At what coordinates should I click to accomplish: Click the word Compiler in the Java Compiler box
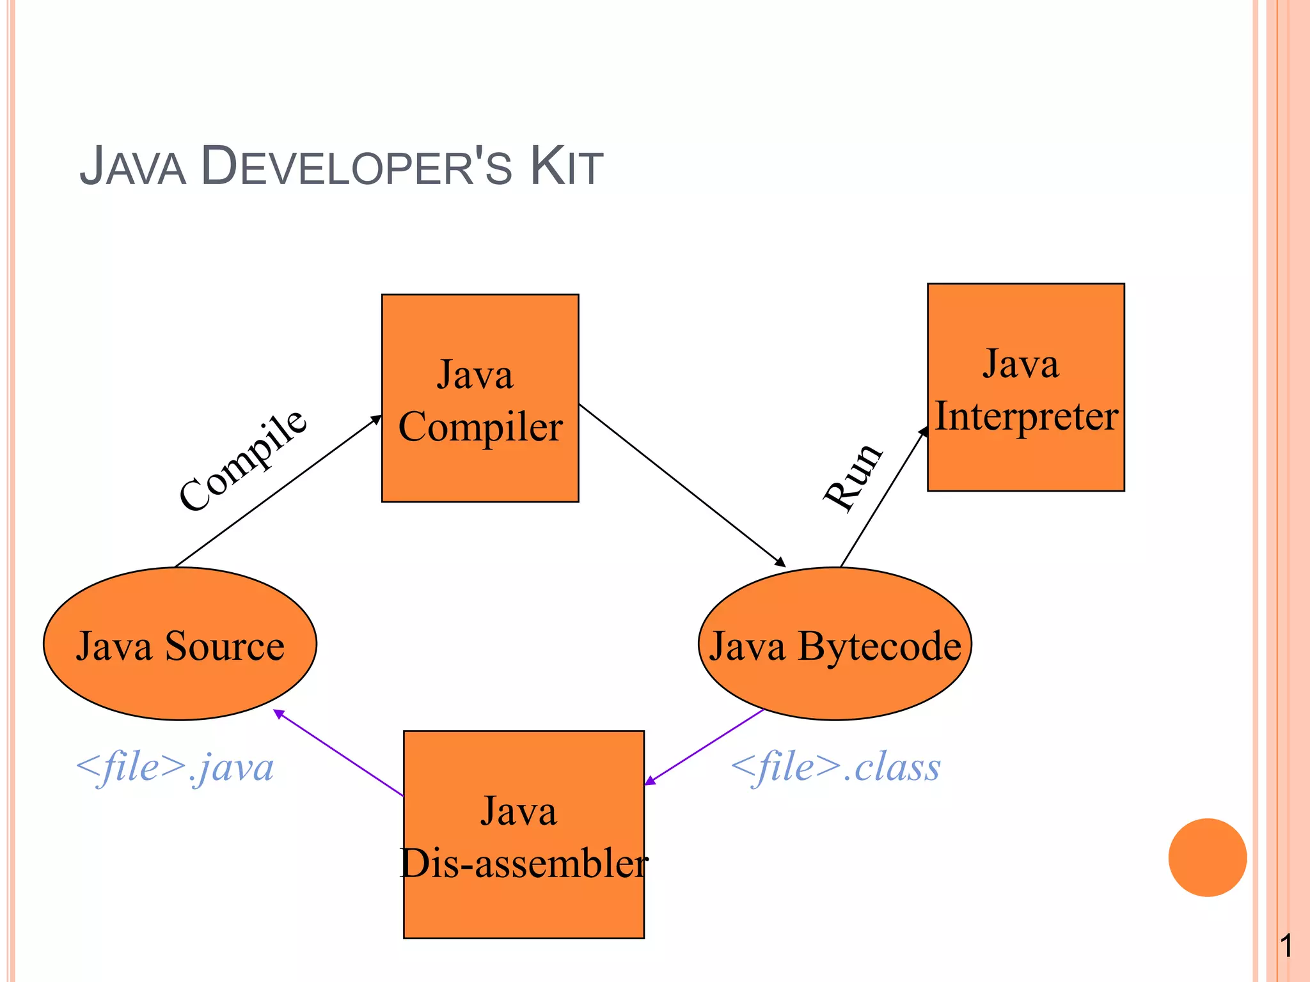(x=480, y=427)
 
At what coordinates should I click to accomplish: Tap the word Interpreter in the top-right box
(x=1026, y=417)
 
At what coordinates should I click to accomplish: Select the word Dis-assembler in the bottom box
(x=524, y=863)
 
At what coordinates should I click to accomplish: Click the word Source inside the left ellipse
(x=225, y=646)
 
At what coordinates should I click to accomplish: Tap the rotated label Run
(x=853, y=476)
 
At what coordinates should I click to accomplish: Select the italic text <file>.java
(x=175, y=767)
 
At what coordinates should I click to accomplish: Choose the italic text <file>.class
(x=835, y=767)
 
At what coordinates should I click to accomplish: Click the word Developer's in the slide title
(x=356, y=168)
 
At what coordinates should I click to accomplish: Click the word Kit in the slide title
(x=566, y=168)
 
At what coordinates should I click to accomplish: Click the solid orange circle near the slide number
(x=1207, y=857)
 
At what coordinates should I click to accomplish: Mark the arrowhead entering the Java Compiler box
(x=377, y=419)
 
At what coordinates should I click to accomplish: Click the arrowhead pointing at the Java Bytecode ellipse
(x=780, y=563)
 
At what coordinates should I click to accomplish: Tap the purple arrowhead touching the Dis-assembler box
(x=650, y=781)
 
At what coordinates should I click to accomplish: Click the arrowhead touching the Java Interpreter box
(x=924, y=432)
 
